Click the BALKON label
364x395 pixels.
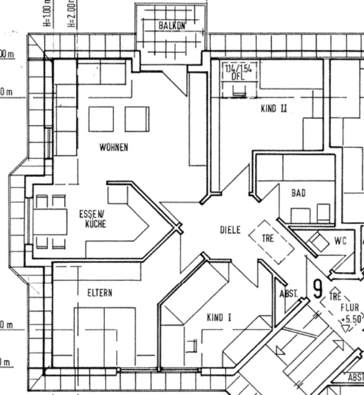[172, 25]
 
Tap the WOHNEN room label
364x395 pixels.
[113, 147]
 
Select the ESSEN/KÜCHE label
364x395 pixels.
[93, 219]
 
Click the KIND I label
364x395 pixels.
[219, 318]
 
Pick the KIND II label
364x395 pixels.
[274, 109]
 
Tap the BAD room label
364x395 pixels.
[298, 193]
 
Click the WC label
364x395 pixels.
[340, 241]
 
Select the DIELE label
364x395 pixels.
[230, 230]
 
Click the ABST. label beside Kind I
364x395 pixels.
[289, 294]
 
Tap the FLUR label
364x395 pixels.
[349, 308]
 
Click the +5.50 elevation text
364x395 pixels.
[351, 319]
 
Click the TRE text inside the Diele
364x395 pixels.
[268, 238]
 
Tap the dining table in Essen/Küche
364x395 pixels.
[51, 222]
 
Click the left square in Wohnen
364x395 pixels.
[101, 119]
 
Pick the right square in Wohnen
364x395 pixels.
[137, 119]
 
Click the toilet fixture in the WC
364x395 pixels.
[317, 242]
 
